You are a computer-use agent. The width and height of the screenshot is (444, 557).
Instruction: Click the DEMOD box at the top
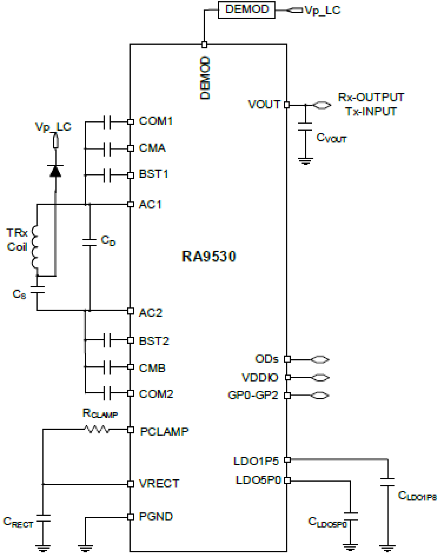click(x=246, y=10)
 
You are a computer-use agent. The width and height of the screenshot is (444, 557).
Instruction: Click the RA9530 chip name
click(x=209, y=256)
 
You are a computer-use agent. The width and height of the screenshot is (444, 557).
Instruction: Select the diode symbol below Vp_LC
click(x=55, y=171)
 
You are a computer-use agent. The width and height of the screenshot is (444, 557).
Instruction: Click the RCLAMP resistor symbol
click(x=97, y=429)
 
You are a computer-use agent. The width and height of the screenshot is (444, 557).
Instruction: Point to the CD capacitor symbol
click(x=90, y=242)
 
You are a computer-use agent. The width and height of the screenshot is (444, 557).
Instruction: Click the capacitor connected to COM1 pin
click(x=107, y=122)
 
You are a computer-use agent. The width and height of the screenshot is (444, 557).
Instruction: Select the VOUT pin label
click(x=264, y=105)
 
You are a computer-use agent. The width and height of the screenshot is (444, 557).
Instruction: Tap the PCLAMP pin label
click(x=164, y=432)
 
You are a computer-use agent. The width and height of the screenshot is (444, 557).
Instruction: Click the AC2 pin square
click(x=131, y=311)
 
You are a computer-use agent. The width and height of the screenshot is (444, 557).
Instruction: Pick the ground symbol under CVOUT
click(x=305, y=162)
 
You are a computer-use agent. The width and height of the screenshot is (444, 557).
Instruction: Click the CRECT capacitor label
click(x=18, y=522)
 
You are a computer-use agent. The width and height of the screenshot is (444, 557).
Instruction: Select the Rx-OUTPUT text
click(x=370, y=97)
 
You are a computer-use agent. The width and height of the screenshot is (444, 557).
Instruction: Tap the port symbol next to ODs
click(x=320, y=359)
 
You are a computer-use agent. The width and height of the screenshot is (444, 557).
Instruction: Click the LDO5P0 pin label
click(x=258, y=480)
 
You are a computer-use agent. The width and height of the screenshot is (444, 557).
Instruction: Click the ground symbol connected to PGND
click(x=85, y=548)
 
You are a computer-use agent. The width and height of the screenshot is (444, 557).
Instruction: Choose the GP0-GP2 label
click(x=253, y=395)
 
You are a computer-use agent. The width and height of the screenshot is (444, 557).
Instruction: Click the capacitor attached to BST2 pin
click(x=107, y=340)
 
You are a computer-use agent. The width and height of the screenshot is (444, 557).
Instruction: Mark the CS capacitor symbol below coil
click(x=37, y=290)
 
